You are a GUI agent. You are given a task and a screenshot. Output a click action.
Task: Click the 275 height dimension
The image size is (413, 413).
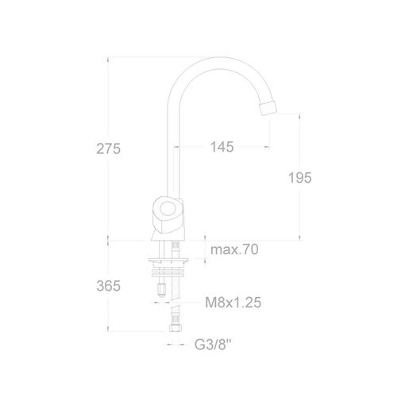click(108, 149)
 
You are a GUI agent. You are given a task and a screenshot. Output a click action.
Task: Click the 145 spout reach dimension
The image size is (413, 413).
click(222, 147)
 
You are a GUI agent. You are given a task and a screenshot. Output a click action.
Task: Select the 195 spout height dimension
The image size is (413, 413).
click(299, 177)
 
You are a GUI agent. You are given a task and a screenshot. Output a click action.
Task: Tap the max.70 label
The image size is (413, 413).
click(234, 249)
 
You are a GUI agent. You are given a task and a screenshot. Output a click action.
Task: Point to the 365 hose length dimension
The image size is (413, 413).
click(109, 286)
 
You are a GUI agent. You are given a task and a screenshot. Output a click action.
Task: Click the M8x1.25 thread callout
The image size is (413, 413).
click(234, 303)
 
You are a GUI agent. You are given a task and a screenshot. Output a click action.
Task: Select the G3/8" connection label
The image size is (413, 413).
click(213, 345)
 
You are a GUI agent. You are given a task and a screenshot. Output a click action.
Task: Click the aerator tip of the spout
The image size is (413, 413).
click(268, 108)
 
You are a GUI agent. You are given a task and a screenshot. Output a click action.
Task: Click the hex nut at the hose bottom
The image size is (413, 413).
click(176, 328)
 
